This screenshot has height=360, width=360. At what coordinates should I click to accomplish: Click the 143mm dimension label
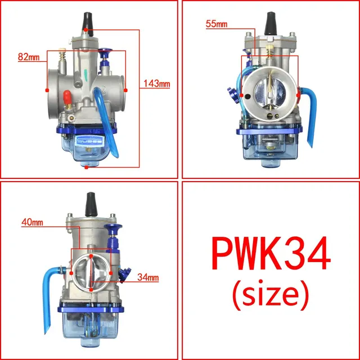[x=157, y=84]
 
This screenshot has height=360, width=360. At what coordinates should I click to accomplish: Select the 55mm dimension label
[x=217, y=24]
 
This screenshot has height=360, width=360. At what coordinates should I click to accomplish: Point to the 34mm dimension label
[x=148, y=277]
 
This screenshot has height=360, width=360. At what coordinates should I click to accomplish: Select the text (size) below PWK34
[x=269, y=292]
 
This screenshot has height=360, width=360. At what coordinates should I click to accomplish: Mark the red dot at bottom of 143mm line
[x=85, y=167]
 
